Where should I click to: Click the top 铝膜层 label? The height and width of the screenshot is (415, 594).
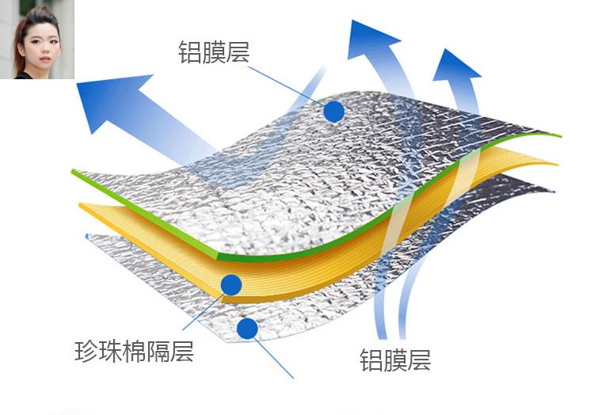214,53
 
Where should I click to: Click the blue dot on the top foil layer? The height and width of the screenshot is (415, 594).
333,111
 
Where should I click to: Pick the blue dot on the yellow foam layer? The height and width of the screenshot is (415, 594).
231,284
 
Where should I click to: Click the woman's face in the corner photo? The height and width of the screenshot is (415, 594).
40,44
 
